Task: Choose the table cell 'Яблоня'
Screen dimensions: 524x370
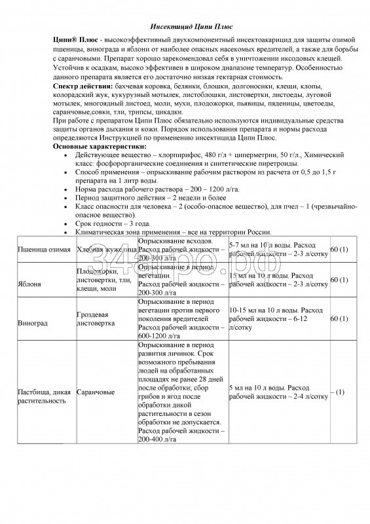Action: [29, 284]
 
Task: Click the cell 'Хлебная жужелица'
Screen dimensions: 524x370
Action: [105, 250]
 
